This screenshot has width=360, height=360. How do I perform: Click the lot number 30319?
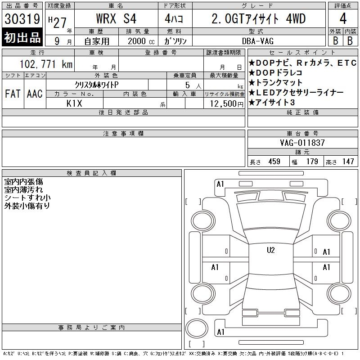[x=22, y=19]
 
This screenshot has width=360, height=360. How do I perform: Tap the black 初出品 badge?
[x=22, y=37]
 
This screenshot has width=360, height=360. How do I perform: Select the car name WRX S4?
[x=116, y=18]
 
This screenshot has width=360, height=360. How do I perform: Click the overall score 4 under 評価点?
[x=343, y=18]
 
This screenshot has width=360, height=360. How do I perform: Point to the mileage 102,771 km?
[x=46, y=64]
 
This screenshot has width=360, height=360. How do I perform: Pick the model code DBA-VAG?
[x=258, y=41]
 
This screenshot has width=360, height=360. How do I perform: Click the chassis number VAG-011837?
[x=302, y=143]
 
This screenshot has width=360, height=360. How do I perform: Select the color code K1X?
[x=74, y=103]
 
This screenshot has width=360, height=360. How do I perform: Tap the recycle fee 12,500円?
[x=227, y=103]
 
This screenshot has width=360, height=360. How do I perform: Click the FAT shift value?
[x=13, y=94]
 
